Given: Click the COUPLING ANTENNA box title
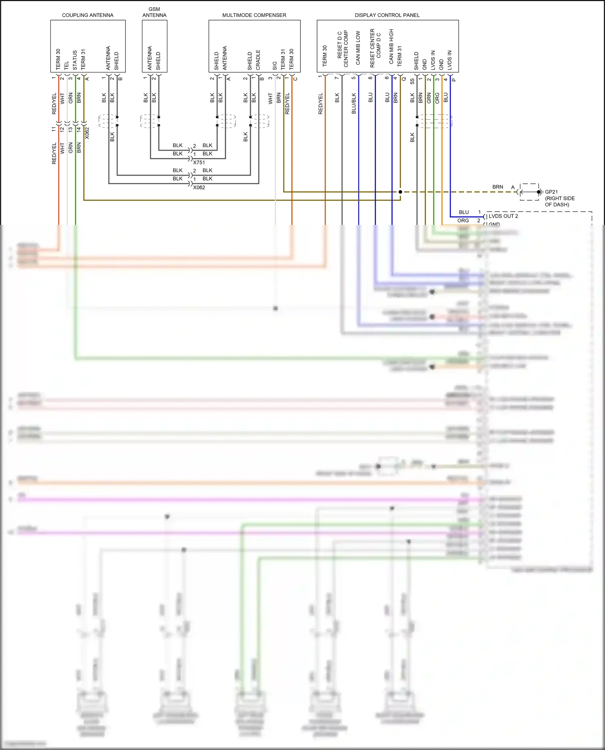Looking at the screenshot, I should click(x=88, y=15).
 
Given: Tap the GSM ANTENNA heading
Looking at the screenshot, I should click(x=154, y=12).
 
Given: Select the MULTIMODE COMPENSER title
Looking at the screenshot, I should click(x=254, y=15).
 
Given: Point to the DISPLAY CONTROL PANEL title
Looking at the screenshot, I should click(x=387, y=15).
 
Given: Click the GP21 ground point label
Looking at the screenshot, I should click(x=551, y=192).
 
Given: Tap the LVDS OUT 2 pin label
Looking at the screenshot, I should click(x=503, y=216).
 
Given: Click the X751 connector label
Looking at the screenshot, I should click(x=199, y=162).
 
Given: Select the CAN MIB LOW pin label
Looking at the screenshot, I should click(x=358, y=48).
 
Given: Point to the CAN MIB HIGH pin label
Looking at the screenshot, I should click(x=391, y=46).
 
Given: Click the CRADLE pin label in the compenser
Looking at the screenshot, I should click(x=258, y=60).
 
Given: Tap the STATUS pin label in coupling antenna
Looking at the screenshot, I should click(x=75, y=60).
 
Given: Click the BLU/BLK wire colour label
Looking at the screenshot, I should click(x=354, y=104).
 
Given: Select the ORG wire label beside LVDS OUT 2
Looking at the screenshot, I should click(x=463, y=220).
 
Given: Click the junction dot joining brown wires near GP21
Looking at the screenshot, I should click(x=400, y=192).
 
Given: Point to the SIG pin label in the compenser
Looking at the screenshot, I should click(x=275, y=65).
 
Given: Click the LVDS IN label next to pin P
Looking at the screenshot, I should click(x=450, y=60).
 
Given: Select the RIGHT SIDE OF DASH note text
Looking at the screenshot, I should click(x=560, y=202).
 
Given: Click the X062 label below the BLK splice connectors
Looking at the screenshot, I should click(x=199, y=187).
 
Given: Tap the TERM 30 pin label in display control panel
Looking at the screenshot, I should click(x=325, y=56).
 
